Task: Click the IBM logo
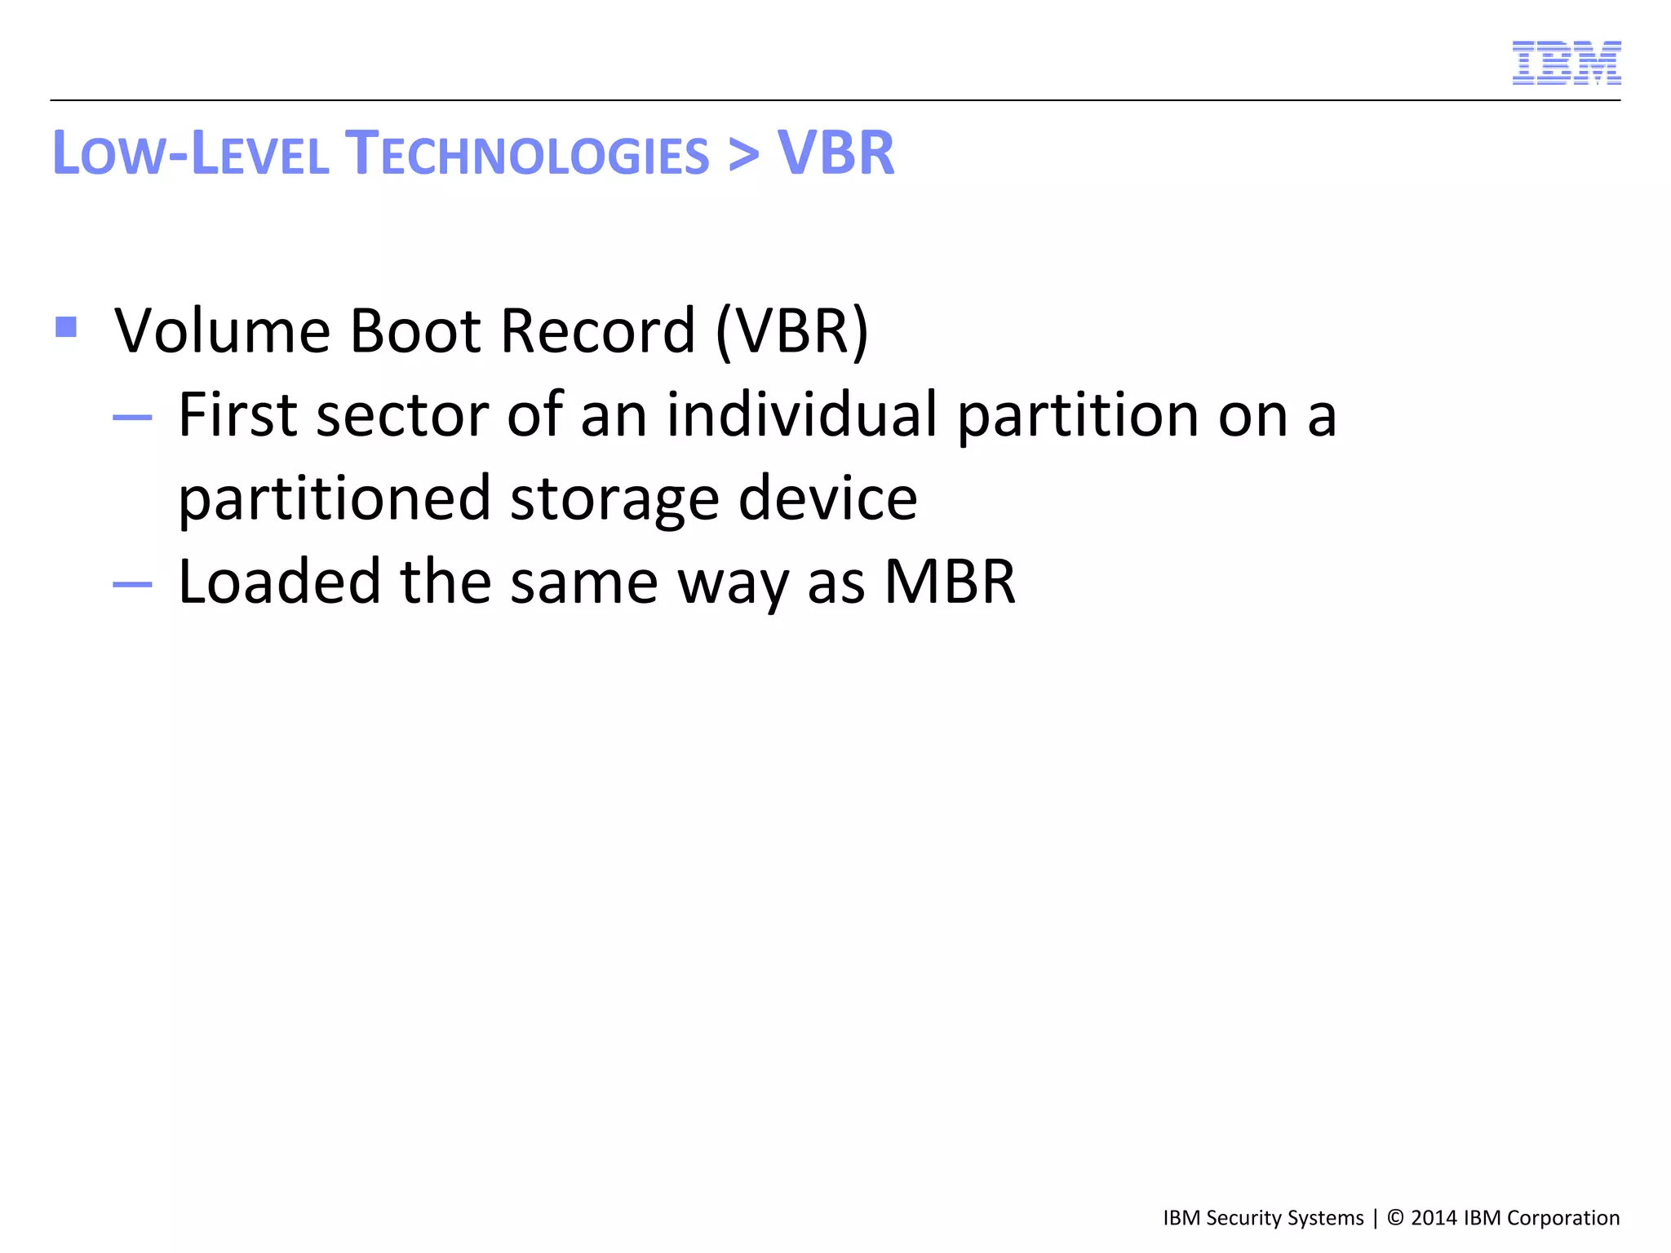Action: tap(1566, 63)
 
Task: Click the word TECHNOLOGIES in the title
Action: tap(527, 153)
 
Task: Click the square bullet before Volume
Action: tap(67, 327)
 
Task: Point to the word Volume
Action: tap(222, 330)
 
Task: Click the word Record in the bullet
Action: tap(597, 330)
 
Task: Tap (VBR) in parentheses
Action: tap(791, 330)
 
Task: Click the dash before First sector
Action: tap(132, 418)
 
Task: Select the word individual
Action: tap(801, 414)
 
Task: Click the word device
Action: tap(827, 498)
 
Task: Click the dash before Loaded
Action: tap(132, 584)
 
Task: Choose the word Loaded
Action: tap(279, 581)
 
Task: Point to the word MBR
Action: tap(950, 581)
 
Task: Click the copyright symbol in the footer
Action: tap(1395, 1218)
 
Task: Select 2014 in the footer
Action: tap(1434, 1218)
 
